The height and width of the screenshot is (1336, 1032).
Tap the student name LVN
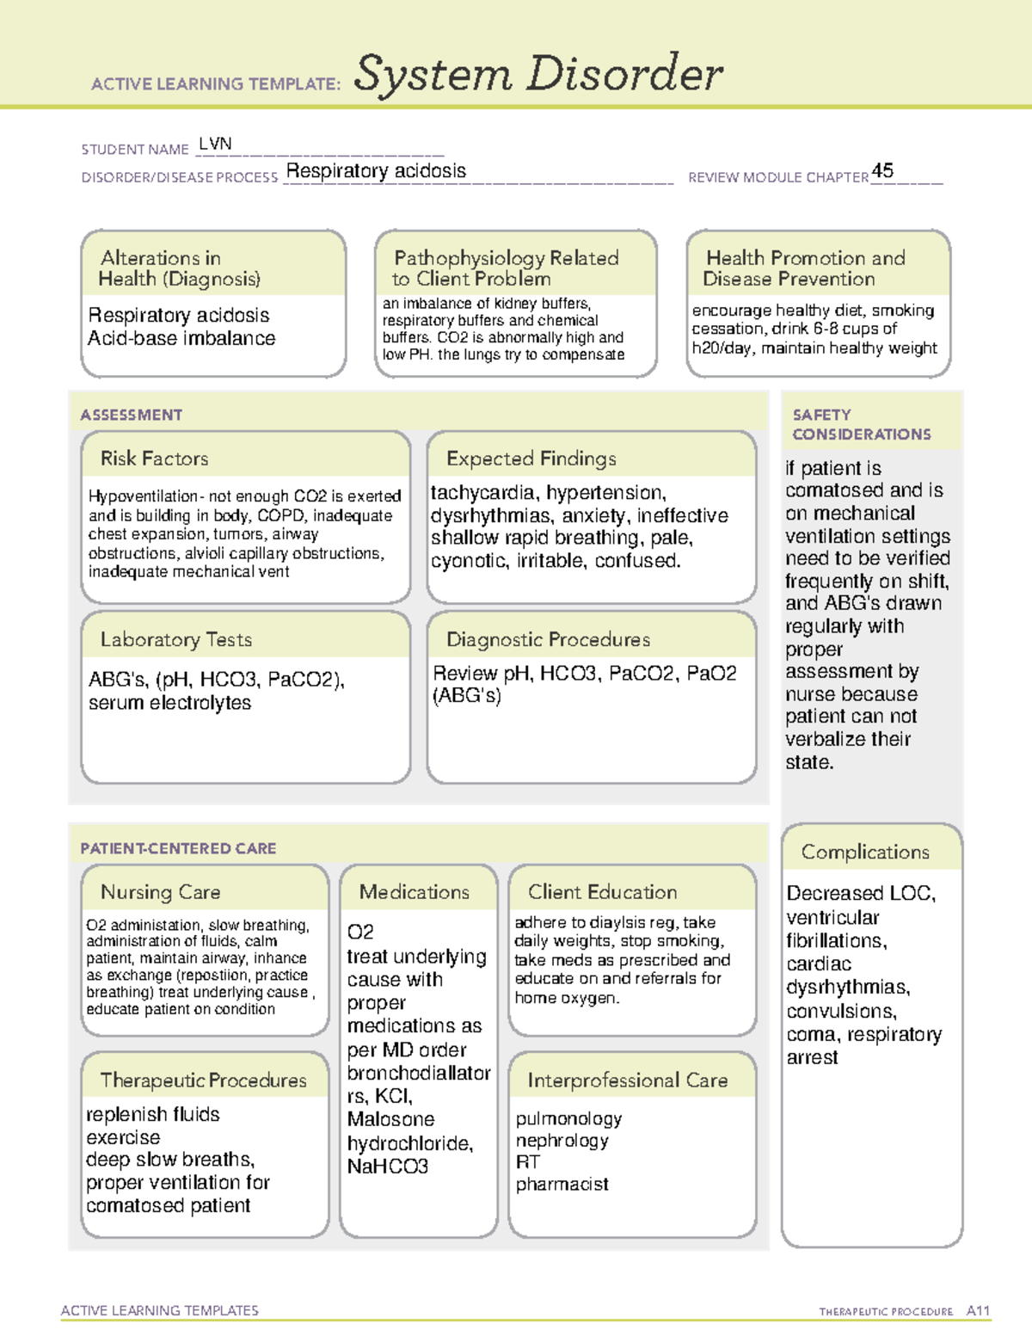pos(215,144)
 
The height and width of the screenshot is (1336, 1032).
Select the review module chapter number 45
pos(882,170)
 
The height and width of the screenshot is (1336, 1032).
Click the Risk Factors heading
pos(154,459)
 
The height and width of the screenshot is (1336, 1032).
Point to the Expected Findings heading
pos(531,459)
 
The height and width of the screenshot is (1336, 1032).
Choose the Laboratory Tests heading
pos(175,639)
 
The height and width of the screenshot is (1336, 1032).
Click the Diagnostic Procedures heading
pos(548,639)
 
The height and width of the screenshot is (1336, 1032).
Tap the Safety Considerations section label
pos(861,424)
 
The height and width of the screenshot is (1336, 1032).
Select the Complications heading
pos(865,852)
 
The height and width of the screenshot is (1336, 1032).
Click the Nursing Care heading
pos(160,892)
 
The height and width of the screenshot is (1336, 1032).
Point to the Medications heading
pos(414,892)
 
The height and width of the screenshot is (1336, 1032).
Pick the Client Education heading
pos(602,892)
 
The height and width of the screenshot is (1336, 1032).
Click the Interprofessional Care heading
pos(627,1080)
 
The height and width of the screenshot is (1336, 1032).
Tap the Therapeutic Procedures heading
pos(203,1080)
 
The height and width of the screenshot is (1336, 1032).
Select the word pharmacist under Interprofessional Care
pos(562,1185)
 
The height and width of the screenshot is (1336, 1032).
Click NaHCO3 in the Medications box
pos(387,1167)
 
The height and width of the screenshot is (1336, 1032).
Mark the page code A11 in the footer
pos(978,1310)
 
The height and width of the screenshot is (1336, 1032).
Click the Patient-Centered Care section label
pos(178,848)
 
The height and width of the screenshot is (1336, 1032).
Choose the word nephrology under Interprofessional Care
pos(562,1141)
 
